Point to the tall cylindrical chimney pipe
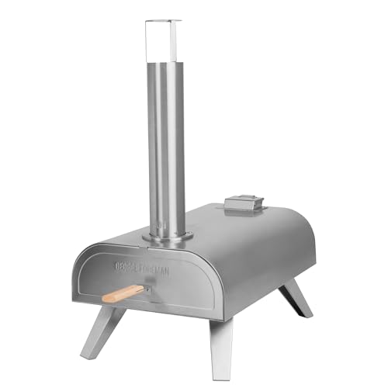167,140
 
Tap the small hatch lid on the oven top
240,203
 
